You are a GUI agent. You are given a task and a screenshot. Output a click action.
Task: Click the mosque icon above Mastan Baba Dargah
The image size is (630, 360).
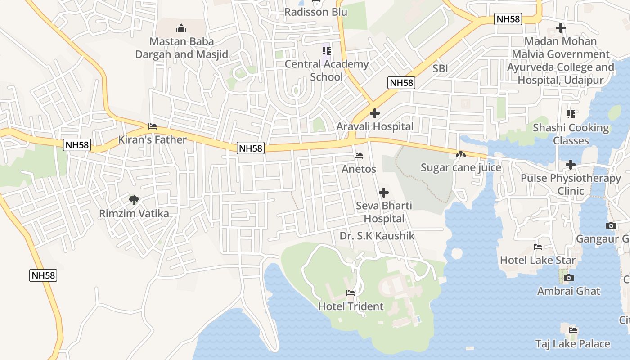pyautogui.click(x=181, y=29)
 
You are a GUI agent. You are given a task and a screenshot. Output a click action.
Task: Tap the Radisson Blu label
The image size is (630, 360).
pyautogui.click(x=316, y=12)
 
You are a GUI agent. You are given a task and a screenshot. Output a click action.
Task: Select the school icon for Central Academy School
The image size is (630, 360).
pyautogui.click(x=326, y=51)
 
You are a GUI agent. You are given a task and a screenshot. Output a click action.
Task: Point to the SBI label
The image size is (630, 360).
pyautogui.click(x=440, y=68)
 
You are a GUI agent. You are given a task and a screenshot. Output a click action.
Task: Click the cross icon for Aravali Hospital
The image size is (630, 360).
pyautogui.click(x=374, y=113)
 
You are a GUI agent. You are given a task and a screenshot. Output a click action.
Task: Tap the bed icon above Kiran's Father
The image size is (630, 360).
pyautogui.click(x=153, y=126)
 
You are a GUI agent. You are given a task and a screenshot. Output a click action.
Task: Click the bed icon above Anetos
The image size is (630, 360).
pyautogui.click(x=359, y=156)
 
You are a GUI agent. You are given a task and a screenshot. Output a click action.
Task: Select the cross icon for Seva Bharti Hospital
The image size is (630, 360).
pyautogui.click(x=384, y=193)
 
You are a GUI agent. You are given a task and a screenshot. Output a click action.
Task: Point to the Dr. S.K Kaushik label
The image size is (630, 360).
pyautogui.click(x=377, y=236)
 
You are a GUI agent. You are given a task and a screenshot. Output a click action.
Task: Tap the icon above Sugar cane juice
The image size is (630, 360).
pyautogui.click(x=460, y=154)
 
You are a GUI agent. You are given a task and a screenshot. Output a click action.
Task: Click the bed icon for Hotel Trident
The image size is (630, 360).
pyautogui.click(x=351, y=293)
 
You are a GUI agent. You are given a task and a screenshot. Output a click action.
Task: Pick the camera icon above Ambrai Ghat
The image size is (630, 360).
pyautogui.click(x=569, y=278)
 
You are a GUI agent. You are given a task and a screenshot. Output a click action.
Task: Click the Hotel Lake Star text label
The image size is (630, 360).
pyautogui.click(x=538, y=260)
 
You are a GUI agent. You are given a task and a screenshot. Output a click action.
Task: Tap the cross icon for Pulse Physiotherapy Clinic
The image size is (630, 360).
pyautogui.click(x=571, y=165)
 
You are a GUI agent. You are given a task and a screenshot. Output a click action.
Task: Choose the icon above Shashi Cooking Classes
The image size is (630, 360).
pyautogui.click(x=571, y=114)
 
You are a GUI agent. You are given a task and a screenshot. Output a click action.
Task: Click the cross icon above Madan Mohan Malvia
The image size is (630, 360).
pyautogui.click(x=560, y=28)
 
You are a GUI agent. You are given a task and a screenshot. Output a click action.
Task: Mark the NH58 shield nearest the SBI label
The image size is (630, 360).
pyautogui.click(x=401, y=83)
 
